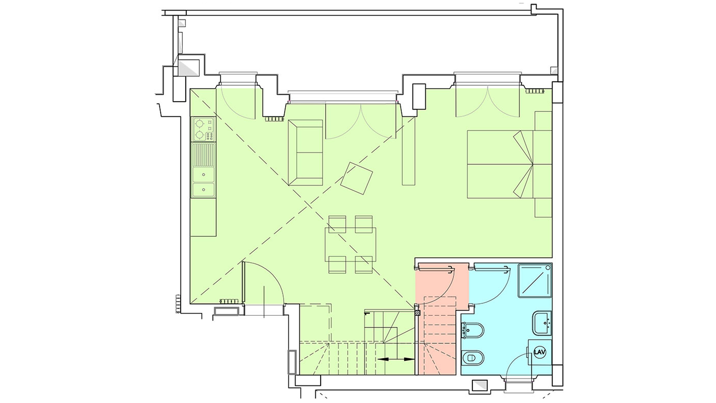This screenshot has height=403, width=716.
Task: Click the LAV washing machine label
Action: coord(540,352)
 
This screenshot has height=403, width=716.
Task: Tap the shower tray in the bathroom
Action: coord(535,280)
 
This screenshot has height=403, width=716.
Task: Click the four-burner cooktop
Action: coord(203,129)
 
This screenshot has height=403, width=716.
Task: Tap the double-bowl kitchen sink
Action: coord(203,170)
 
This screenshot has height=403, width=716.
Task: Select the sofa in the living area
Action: coord(305,153)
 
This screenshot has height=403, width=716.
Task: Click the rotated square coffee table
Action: coord(357,178)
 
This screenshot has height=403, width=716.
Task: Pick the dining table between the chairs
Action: coord(350,244)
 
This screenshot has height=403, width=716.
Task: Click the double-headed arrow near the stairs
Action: coord(396,359)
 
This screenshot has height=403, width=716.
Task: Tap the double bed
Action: coord(509,164)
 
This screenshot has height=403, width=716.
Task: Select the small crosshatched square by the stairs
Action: coord(417,313)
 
